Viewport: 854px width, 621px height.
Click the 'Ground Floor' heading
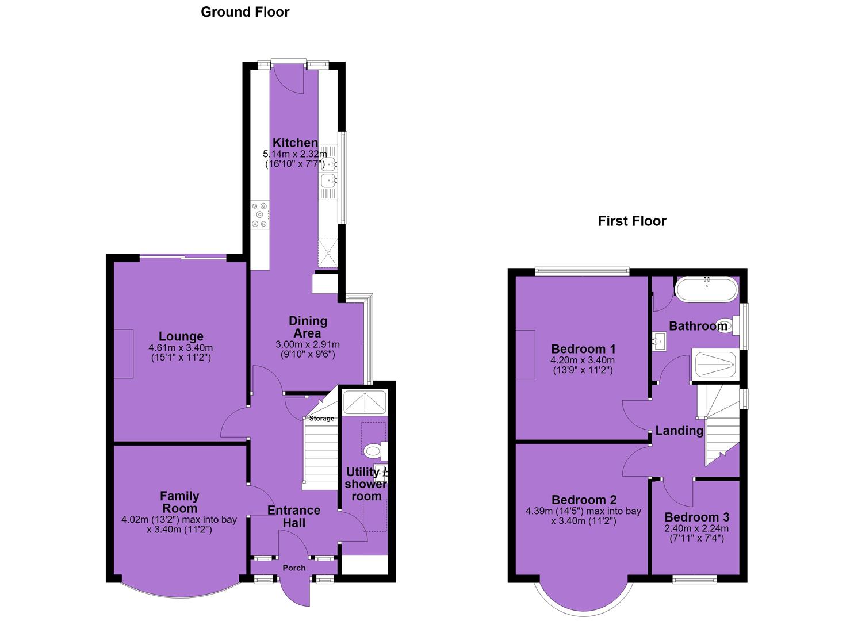tap(245, 12)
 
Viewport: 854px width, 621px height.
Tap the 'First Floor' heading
tap(632, 221)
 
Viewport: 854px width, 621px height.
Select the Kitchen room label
tap(295, 143)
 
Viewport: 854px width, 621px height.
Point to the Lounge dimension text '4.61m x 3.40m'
tap(181, 348)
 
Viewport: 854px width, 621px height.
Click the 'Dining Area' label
tap(308, 327)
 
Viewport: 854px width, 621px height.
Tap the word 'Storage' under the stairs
tap(321, 418)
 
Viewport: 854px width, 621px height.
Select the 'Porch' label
tap(294, 568)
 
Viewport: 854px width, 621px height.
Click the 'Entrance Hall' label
tap(294, 516)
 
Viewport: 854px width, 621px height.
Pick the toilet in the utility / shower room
tap(375, 451)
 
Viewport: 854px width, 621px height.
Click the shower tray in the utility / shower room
tap(365, 402)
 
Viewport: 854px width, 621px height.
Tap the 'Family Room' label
tap(179, 502)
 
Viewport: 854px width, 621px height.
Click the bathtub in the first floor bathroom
tap(706, 290)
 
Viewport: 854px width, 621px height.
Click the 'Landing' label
tap(679, 431)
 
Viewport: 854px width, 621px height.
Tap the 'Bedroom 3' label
tap(697, 517)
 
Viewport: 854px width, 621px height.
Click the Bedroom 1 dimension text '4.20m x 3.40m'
tap(583, 361)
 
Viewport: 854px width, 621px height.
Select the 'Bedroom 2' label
tap(584, 500)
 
